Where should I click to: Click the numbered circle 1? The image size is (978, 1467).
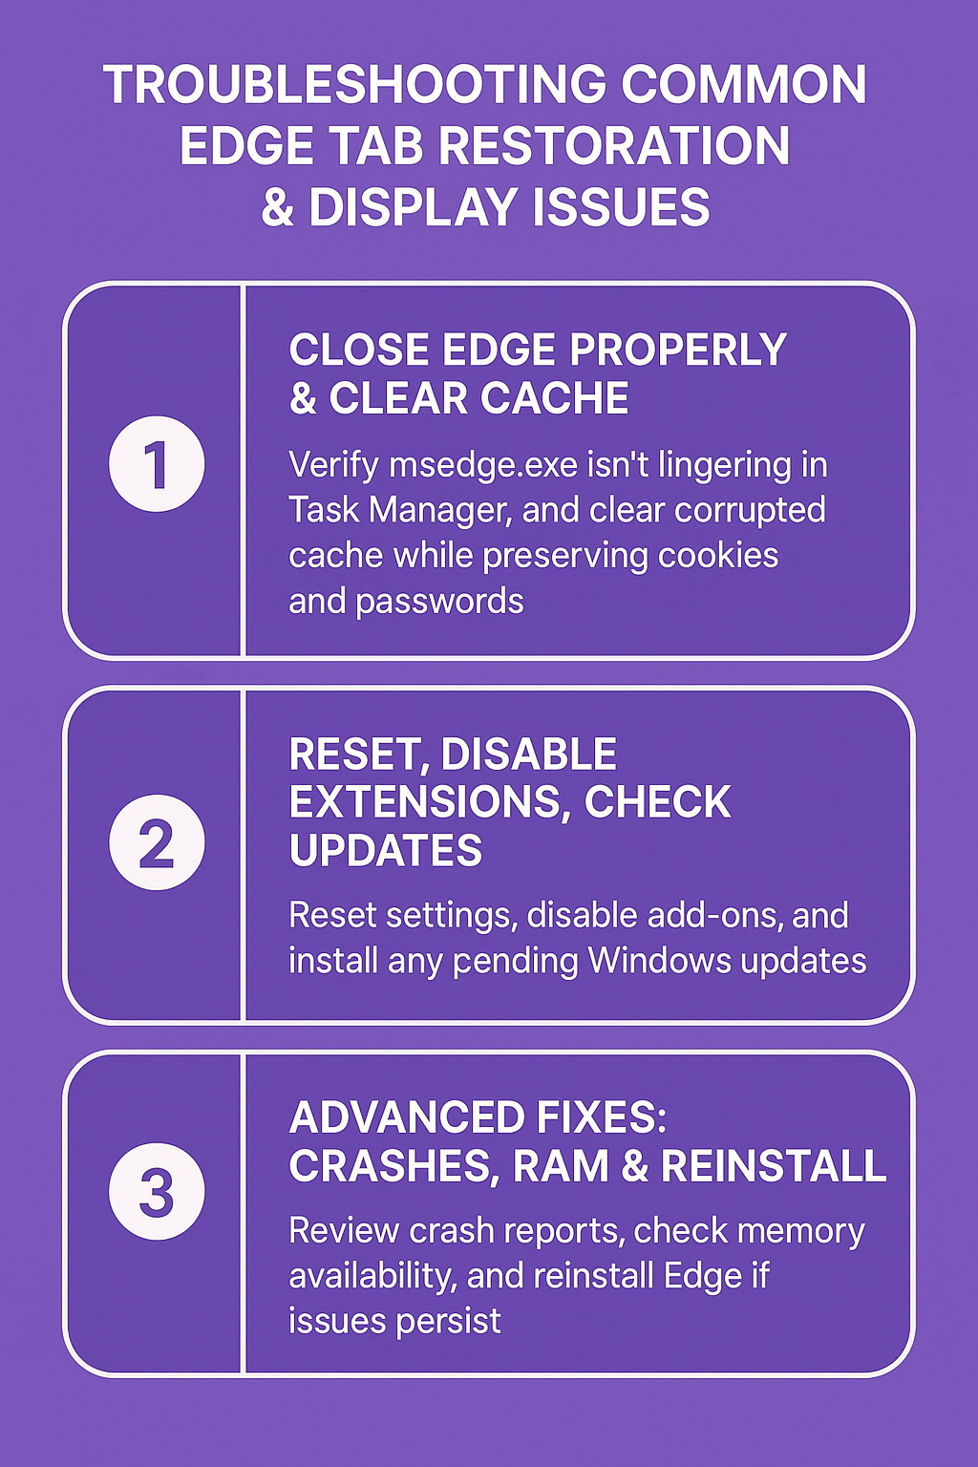pos(157,463)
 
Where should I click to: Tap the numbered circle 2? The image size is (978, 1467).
pos(157,842)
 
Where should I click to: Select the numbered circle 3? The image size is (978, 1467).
pos(157,1191)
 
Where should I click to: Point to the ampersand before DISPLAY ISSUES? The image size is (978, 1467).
pos(277,207)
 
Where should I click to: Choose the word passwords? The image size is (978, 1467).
pos(439,601)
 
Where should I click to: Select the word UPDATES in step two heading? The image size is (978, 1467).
pos(385,850)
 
